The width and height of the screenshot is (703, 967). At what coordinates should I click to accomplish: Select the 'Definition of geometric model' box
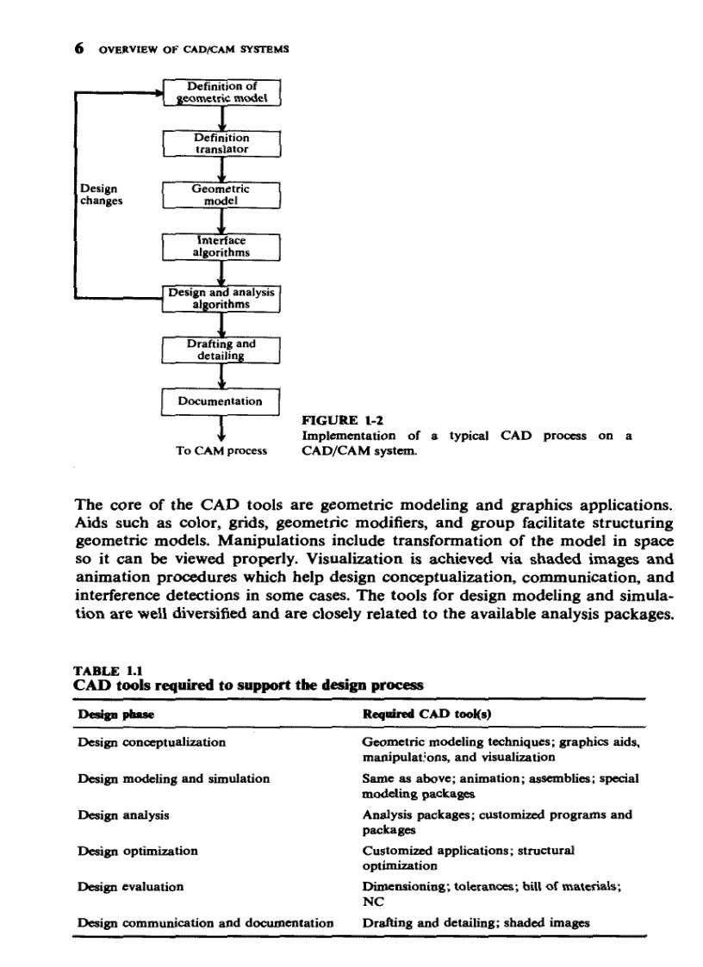[223, 91]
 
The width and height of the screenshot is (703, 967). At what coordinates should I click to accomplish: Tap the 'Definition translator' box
[223, 143]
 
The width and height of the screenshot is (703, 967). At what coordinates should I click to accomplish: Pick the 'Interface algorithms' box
[223, 246]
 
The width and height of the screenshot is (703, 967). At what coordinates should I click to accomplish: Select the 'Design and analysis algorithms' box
[223, 298]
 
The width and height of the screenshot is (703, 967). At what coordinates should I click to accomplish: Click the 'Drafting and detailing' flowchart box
[223, 350]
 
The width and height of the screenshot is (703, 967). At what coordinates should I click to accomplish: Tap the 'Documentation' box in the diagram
[222, 401]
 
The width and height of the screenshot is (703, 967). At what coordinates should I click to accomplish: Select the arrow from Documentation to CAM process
[222, 428]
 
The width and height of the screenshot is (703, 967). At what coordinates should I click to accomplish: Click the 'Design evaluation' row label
[130, 885]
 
